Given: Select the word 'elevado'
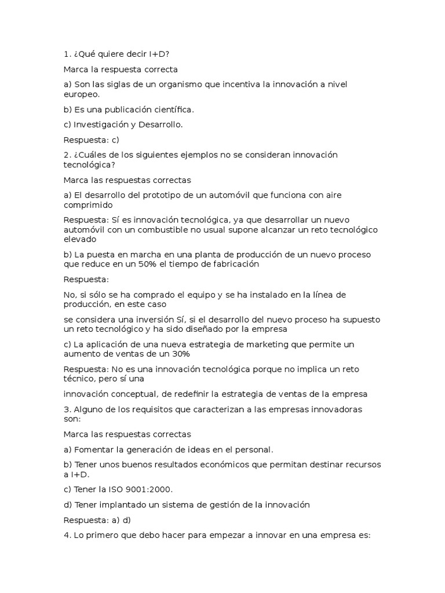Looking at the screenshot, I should [80, 239].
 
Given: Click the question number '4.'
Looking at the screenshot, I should [67, 535].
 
